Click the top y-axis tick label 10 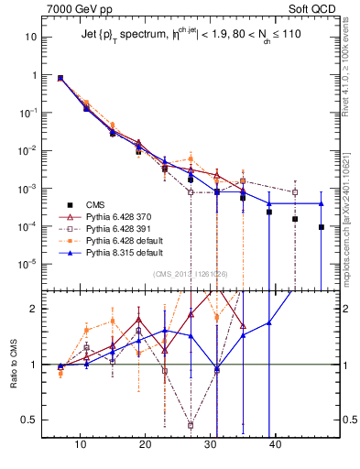click(x=32, y=38)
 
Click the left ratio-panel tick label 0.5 click(x=29, y=420)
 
